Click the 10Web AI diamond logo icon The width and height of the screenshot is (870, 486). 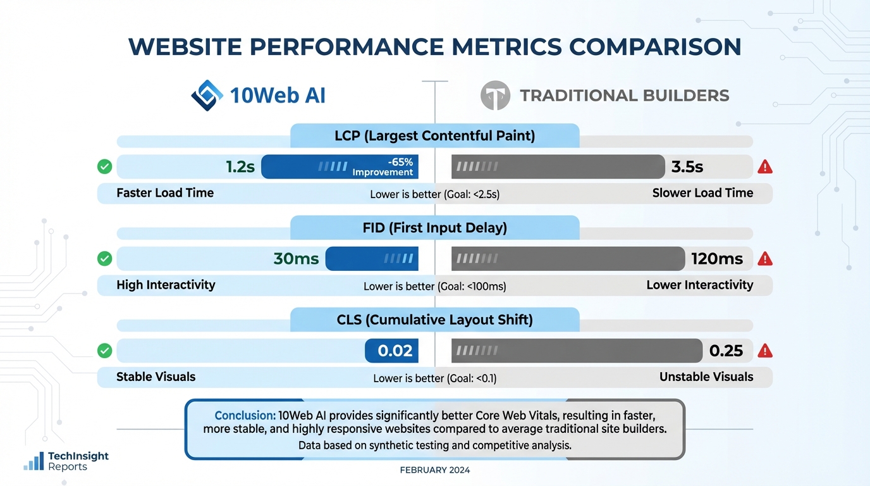207,96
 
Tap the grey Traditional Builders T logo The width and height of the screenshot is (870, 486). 494,96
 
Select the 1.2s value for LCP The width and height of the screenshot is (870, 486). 240,167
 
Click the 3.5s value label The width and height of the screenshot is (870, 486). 687,167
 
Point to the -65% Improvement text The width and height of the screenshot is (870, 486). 383,167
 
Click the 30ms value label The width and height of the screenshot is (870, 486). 296,259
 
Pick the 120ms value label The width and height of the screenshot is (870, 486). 717,259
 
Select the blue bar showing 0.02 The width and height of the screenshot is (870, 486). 391,351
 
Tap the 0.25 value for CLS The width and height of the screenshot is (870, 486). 726,351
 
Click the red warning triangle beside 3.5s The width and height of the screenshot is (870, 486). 765,167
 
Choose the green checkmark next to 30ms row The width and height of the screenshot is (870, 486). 105,259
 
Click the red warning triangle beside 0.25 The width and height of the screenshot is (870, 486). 765,351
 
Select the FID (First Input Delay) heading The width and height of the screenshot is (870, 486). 434,228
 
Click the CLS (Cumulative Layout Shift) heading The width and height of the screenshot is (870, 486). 434,320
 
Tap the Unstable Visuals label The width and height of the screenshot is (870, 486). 706,377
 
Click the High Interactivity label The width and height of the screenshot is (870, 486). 166,285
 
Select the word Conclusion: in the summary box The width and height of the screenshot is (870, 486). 245,416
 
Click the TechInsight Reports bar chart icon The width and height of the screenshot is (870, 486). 34,461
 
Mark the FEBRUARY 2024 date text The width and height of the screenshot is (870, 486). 434,470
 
